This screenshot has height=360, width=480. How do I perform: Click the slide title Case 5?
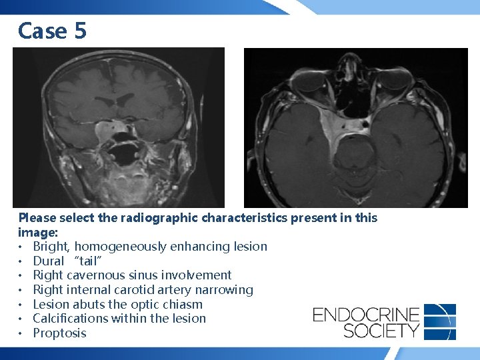click(52, 30)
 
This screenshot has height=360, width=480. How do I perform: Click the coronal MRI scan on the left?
click(119, 127)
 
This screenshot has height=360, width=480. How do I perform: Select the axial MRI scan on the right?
click(355, 127)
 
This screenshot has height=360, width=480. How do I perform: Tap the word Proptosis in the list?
click(59, 333)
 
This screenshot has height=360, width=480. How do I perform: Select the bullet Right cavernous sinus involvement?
click(132, 275)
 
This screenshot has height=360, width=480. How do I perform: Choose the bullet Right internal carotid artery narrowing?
click(143, 289)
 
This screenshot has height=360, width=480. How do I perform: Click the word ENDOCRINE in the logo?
click(366, 313)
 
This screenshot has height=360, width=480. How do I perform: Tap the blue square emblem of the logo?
click(439, 321)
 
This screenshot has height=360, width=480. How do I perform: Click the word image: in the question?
click(38, 232)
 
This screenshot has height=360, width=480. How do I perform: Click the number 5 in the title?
click(80, 30)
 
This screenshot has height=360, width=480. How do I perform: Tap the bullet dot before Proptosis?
click(22, 333)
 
